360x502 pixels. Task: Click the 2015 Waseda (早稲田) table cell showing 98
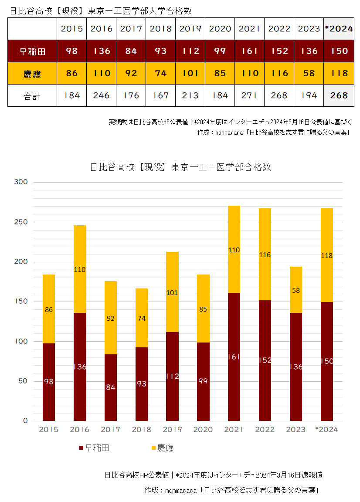click(x=72, y=51)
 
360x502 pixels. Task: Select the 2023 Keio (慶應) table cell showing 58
click(x=309, y=73)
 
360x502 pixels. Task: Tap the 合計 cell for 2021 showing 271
click(x=249, y=95)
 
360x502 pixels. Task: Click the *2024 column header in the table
click(x=339, y=29)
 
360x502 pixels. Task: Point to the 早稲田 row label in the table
click(x=32, y=51)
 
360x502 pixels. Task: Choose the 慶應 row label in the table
click(x=32, y=74)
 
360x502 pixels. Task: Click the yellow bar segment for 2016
click(x=80, y=269)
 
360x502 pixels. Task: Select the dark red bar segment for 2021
click(x=234, y=356)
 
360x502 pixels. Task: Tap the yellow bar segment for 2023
click(x=296, y=290)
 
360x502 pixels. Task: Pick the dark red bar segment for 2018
click(x=142, y=384)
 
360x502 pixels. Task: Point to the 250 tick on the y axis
click(x=21, y=222)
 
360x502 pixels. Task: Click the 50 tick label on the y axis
click(x=23, y=381)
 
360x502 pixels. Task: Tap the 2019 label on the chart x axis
click(x=172, y=430)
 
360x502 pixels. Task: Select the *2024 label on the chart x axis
click(x=327, y=430)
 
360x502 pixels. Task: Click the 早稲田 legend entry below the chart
click(x=95, y=448)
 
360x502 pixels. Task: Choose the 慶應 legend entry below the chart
click(x=163, y=448)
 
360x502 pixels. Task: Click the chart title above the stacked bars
click(x=180, y=167)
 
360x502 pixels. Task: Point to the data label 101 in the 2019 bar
click(x=172, y=293)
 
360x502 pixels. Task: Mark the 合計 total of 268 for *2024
click(x=339, y=95)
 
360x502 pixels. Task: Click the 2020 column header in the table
click(x=220, y=29)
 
